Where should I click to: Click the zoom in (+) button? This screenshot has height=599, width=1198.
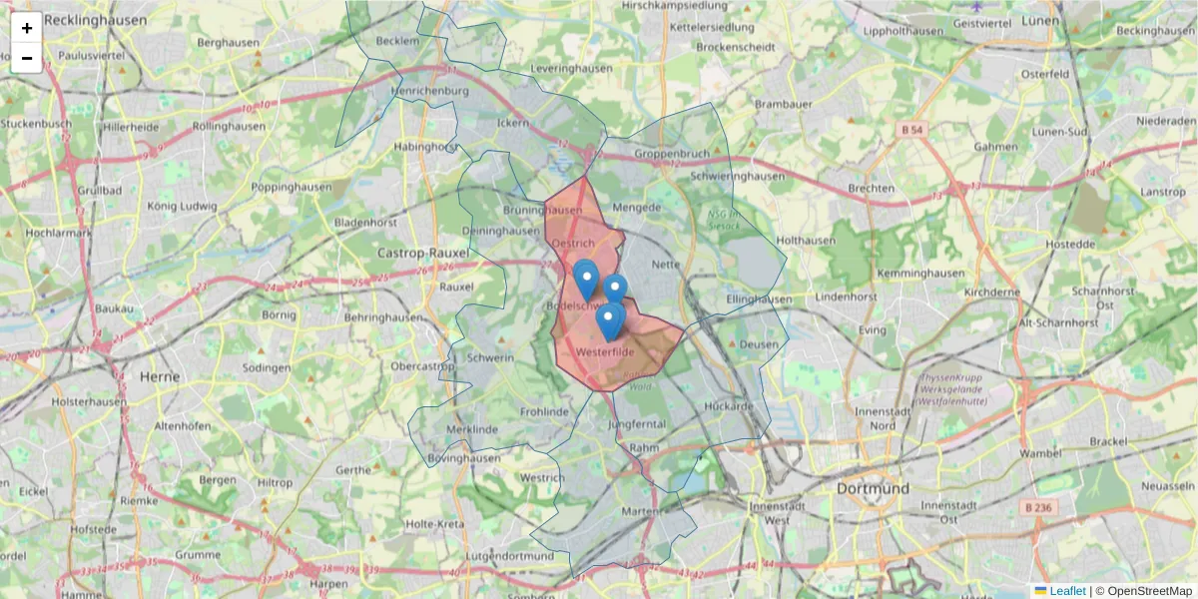click(x=26, y=28)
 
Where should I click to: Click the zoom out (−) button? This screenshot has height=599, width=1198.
click(x=26, y=58)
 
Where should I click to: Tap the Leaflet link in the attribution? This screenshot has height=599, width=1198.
click(x=1066, y=591)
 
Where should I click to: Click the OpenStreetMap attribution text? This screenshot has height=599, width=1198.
click(x=1149, y=591)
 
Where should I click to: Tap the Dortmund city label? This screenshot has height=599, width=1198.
click(x=873, y=489)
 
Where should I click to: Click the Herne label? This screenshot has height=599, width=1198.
click(x=160, y=376)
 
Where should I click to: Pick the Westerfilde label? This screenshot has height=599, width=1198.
click(x=606, y=351)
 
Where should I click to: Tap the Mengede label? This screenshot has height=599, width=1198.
click(x=637, y=208)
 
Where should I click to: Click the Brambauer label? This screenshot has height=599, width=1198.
click(x=784, y=104)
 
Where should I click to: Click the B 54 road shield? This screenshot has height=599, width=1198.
click(x=910, y=130)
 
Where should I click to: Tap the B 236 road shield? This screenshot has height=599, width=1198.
click(x=1038, y=507)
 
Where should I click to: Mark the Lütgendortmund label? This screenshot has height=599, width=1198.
click(x=509, y=556)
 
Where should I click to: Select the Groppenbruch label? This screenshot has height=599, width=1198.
click(x=671, y=155)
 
